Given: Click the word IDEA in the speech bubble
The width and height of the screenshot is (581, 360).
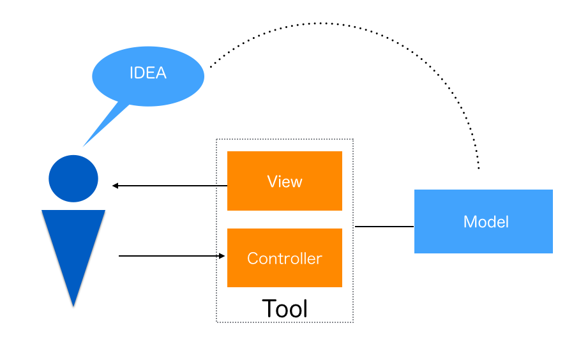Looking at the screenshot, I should click(148, 73).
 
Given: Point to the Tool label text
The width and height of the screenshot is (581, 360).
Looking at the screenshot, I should click(285, 308).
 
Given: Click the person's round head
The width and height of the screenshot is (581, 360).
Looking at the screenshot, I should click(73, 179).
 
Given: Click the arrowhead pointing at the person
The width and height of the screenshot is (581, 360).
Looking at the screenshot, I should click(116, 186).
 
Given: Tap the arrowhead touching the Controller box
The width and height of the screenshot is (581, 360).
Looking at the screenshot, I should click(222, 256).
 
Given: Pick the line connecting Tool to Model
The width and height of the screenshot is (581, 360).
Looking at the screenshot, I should click(384, 227).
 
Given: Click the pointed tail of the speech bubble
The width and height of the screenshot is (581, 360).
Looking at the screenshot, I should click(93, 137).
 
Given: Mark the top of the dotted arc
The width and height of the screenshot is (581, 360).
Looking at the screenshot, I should click(326, 23).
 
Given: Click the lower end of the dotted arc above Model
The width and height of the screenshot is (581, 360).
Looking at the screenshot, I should click(478, 168).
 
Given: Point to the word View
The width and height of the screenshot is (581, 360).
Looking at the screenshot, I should click(285, 182).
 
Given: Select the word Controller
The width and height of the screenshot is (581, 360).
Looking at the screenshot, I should click(285, 259).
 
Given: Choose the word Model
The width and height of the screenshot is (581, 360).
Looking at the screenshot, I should click(486, 221).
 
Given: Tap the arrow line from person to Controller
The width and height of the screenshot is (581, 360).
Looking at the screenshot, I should click(169, 256).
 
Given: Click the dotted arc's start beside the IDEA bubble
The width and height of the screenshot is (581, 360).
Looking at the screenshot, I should click(211, 66).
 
